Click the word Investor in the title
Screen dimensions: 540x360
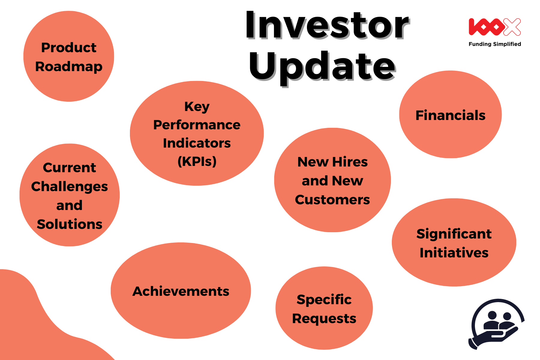[327, 25]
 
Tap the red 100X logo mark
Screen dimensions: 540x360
[495, 27]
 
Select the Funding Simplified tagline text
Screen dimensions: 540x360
[495, 44]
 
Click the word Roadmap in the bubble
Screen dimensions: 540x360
[69, 67]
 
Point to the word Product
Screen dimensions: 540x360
[69, 47]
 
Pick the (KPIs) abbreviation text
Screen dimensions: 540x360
[197, 161]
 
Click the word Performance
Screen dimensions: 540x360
[197, 125]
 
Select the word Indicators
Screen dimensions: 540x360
[197, 143]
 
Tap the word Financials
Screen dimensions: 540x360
[450, 115]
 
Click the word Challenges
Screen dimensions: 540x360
[69, 187]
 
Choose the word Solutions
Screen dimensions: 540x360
[69, 224]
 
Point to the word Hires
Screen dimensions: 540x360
[350, 162]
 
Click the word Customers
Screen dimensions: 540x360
[332, 200]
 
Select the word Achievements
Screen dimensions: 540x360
[181, 291]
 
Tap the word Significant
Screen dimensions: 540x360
[454, 234]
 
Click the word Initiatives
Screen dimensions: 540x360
[454, 253]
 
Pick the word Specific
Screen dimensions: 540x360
[324, 300]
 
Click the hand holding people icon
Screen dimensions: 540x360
[496, 324]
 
